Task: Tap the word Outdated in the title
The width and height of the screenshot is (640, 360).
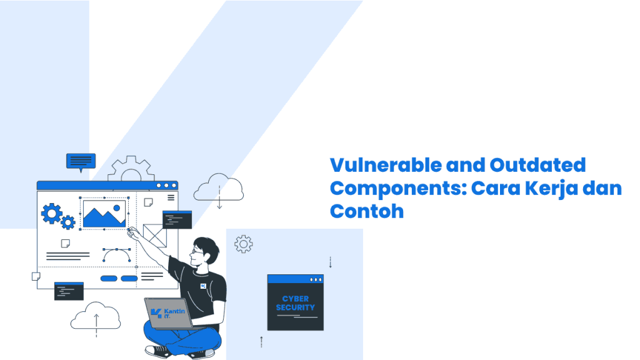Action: pyautogui.click(x=537, y=165)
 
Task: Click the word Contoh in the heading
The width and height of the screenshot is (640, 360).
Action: pyautogui.click(x=366, y=211)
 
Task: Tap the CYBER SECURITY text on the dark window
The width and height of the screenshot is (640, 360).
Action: pyautogui.click(x=296, y=303)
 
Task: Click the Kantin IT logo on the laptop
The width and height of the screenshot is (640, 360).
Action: pyautogui.click(x=167, y=313)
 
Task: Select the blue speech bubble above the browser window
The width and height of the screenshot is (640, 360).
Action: pyautogui.click(x=81, y=162)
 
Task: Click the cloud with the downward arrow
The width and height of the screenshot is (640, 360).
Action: pyautogui.click(x=219, y=188)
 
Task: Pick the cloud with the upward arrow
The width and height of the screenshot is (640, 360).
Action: pyautogui.click(x=96, y=317)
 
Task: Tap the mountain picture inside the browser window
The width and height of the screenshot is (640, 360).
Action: pyautogui.click(x=104, y=214)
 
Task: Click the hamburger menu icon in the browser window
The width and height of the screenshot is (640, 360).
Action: pyautogui.click(x=171, y=197)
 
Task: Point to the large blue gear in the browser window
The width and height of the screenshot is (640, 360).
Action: pyautogui.click(x=51, y=214)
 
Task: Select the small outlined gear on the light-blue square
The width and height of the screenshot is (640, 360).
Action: pyautogui.click(x=243, y=244)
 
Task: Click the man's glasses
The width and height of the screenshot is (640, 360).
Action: pyautogui.click(x=197, y=251)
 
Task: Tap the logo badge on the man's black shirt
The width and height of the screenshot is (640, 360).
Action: pyautogui.click(x=203, y=286)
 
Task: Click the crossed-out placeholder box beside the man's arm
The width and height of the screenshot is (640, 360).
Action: pyautogui.click(x=155, y=236)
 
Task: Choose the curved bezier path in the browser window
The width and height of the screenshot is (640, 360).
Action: pyautogui.click(x=117, y=255)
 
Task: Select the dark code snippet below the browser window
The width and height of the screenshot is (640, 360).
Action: pyautogui.click(x=69, y=291)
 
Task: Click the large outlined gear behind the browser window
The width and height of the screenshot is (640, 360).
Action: pyautogui.click(x=131, y=168)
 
